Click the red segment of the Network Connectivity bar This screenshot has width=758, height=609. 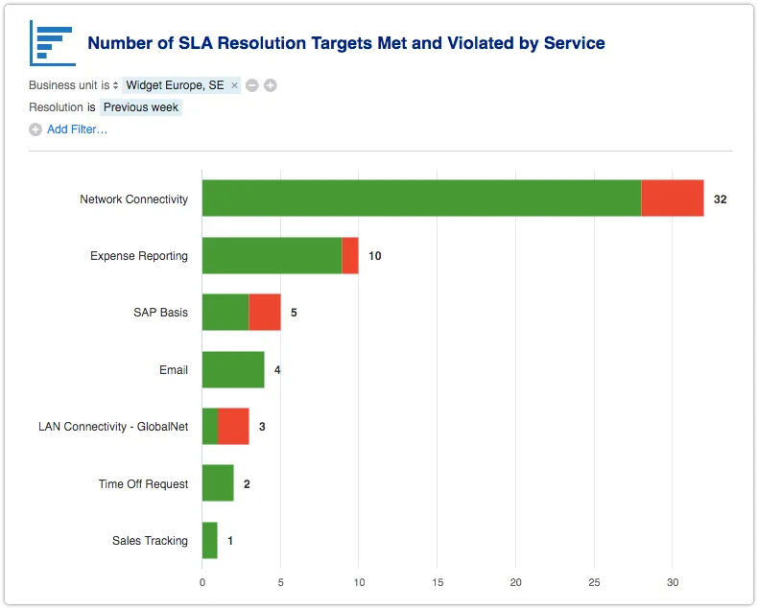tap(672, 199)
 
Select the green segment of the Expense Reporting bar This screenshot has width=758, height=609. tap(272, 256)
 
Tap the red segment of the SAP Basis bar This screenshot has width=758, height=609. tap(265, 313)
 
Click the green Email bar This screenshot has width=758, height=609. tap(233, 369)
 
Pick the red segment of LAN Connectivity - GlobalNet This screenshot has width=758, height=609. tap(233, 426)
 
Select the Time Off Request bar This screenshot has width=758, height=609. tap(218, 483)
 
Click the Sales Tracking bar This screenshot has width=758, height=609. tap(210, 540)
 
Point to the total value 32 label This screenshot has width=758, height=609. tap(721, 199)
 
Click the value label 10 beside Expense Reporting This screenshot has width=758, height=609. tap(375, 256)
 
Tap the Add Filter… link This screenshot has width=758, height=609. tap(77, 129)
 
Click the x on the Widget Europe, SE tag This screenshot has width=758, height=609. tap(234, 85)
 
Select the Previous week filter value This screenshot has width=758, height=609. tap(141, 107)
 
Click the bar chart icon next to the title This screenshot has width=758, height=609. tap(52, 43)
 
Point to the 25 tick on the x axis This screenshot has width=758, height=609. tap(594, 581)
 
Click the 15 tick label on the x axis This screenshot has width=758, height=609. tap(438, 581)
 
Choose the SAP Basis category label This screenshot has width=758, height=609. tap(160, 313)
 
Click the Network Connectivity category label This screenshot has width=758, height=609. tap(133, 199)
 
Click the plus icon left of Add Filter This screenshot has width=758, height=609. tap(36, 129)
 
